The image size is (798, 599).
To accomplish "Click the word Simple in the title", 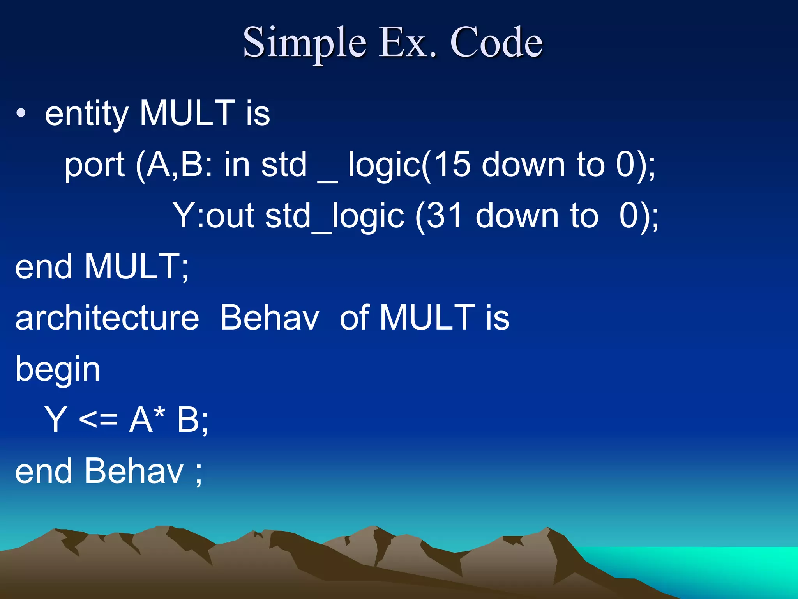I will pyautogui.click(x=304, y=42).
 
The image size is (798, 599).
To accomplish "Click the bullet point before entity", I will pyautogui.click(x=21, y=113).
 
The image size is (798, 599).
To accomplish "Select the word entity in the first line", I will pyautogui.click(x=87, y=114).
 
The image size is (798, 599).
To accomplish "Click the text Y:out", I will pyautogui.click(x=214, y=216).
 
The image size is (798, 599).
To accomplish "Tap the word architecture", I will pyautogui.click(x=107, y=317).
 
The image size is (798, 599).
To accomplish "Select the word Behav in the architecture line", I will pyautogui.click(x=270, y=317).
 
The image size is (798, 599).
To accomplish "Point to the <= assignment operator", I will pyautogui.click(x=98, y=420).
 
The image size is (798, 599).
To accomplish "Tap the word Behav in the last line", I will pyautogui.click(x=134, y=471).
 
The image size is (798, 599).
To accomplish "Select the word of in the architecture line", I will pyautogui.click(x=355, y=317).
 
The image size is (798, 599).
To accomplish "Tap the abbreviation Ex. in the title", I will pyautogui.click(x=408, y=42).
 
